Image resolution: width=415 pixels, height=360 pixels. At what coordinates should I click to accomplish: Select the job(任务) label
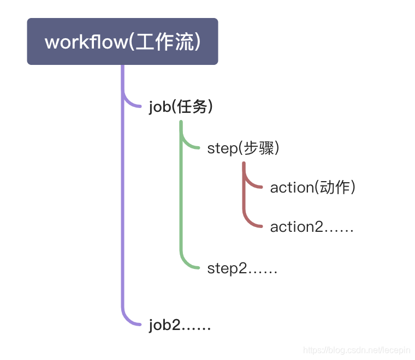[x=180, y=107]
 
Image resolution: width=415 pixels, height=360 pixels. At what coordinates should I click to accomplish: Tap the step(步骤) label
[x=243, y=148]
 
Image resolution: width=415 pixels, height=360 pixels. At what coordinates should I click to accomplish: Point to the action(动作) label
[x=312, y=188]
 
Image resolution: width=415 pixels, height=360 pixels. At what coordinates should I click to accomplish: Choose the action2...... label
[x=312, y=227]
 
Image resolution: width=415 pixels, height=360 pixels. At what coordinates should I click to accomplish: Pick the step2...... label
[x=242, y=268]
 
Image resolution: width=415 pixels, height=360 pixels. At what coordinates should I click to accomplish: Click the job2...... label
[x=180, y=326]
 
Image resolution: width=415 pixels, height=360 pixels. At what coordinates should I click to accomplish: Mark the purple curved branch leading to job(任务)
[x=130, y=103]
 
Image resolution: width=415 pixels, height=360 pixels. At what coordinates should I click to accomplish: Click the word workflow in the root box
[x=86, y=42]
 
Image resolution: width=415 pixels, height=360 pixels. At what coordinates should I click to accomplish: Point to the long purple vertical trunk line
[x=123, y=207]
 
